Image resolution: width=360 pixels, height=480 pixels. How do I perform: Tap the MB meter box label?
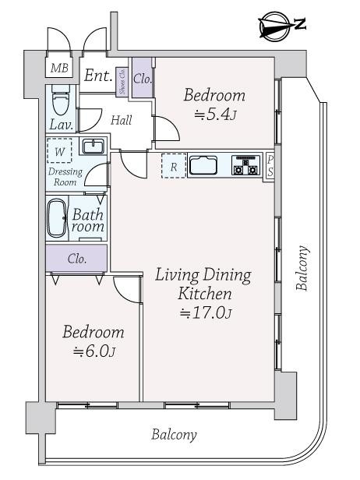click(x=60, y=69)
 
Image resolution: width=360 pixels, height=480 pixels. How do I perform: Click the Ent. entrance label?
click(x=98, y=76)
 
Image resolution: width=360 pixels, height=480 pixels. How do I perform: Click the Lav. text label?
click(x=62, y=125)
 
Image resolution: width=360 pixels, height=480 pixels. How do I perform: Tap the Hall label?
click(x=121, y=121)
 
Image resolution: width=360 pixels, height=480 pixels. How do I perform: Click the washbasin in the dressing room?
click(x=94, y=147)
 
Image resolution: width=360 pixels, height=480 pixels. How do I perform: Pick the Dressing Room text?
click(x=65, y=176)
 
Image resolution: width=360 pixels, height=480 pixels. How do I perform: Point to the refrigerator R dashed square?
click(x=174, y=166)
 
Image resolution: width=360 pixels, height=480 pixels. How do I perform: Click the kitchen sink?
click(x=206, y=166)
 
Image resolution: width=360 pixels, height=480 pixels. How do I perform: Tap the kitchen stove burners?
click(x=247, y=166)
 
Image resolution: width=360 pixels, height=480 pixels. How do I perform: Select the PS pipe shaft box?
click(x=270, y=166)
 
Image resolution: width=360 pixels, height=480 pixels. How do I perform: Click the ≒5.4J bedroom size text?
click(x=214, y=115)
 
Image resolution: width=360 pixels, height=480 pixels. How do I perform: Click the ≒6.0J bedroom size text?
click(x=94, y=351)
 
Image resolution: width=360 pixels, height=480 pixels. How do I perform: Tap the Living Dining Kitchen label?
click(x=203, y=284)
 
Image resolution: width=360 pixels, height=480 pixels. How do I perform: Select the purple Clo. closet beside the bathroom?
click(x=76, y=258)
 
